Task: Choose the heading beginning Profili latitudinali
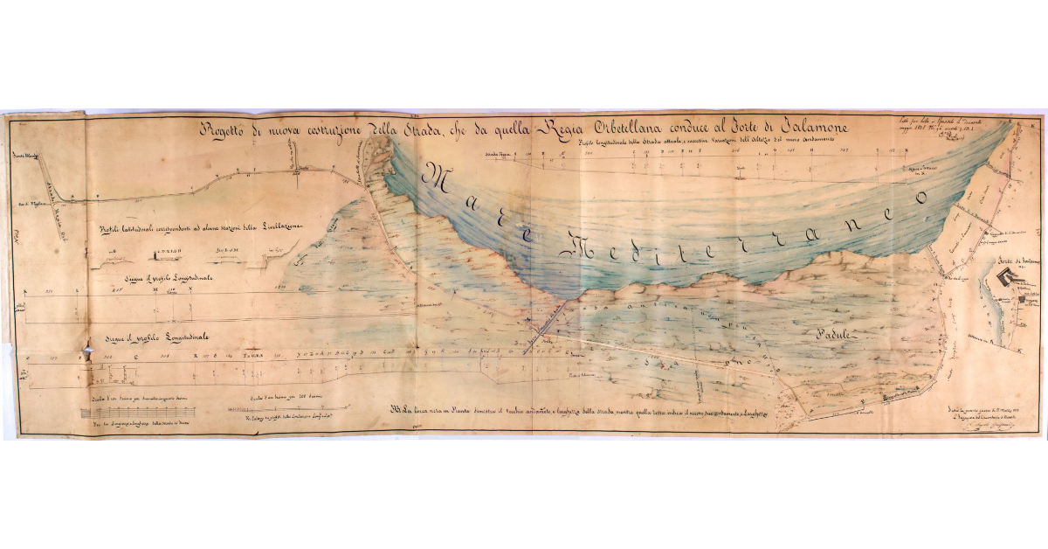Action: click(201, 228)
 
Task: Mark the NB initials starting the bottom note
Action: click(398, 409)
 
